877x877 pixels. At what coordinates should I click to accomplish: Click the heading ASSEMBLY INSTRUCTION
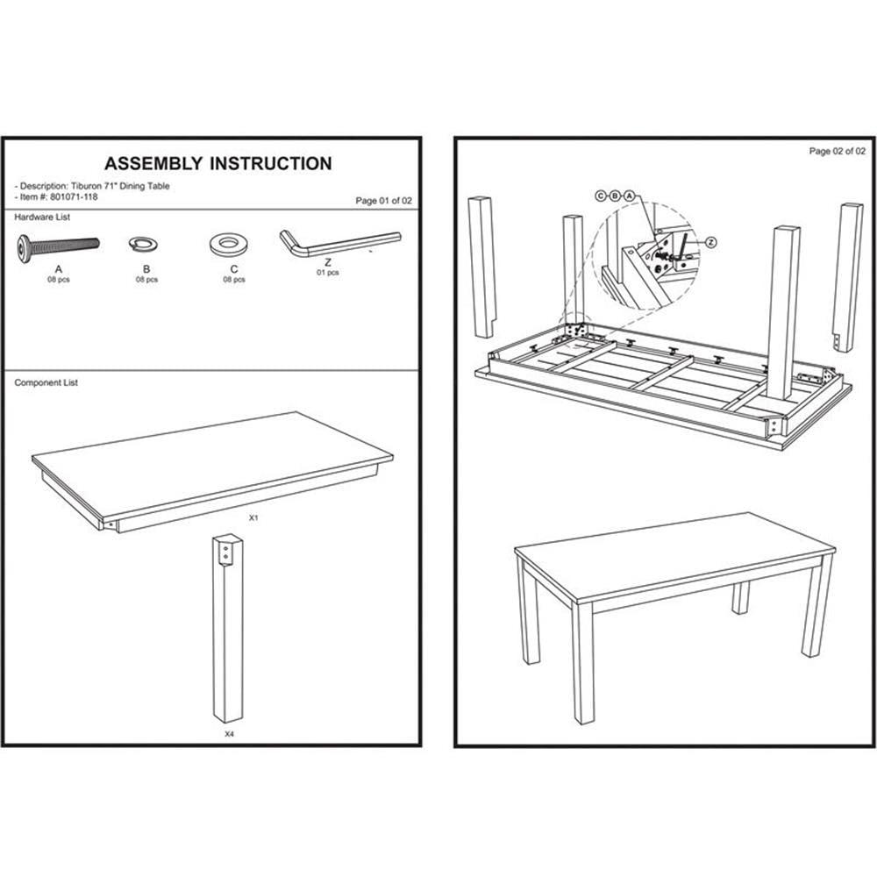pos(217,164)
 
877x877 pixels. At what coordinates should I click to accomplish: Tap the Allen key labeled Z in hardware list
pos(338,240)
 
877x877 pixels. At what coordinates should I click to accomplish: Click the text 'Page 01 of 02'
pos(383,201)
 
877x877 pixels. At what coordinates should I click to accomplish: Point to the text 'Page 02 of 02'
pos(838,152)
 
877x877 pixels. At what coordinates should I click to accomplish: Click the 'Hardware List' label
pos(42,217)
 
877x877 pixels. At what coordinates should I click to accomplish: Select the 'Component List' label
pos(46,383)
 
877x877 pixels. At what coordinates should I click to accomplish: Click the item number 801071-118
pos(75,196)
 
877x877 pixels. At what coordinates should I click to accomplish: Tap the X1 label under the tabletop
pos(253,519)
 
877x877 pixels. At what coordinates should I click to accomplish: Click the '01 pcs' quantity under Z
pos(328,273)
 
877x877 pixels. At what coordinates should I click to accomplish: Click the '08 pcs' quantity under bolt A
pos(59,280)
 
